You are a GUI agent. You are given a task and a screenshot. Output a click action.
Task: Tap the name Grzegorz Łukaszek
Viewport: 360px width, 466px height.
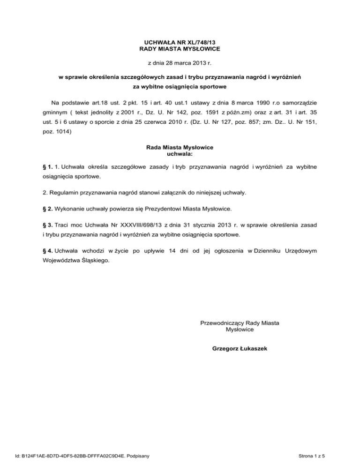240,349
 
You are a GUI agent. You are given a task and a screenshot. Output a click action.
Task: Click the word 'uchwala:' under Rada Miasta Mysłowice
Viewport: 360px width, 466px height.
180,153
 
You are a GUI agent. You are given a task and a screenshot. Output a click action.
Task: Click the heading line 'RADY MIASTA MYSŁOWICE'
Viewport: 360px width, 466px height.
180,49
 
